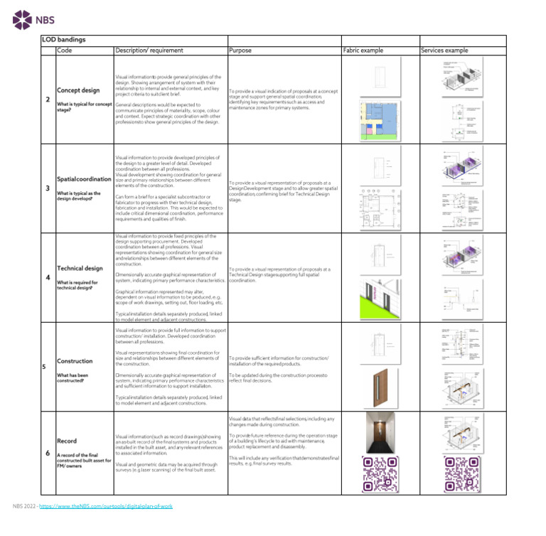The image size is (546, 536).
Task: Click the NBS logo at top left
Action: point(33,20)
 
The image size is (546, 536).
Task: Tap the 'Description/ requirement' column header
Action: point(149,51)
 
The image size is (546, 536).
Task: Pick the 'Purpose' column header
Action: point(240,51)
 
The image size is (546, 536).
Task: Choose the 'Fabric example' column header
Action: point(363,51)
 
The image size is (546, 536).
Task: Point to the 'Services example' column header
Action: point(444,51)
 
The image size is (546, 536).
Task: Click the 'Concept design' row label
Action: point(78,90)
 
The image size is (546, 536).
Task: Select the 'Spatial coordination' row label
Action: point(84,179)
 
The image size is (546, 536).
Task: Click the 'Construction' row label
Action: point(75,361)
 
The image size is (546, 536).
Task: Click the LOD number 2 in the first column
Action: point(48,100)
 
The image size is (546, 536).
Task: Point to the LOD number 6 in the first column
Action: point(48,453)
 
